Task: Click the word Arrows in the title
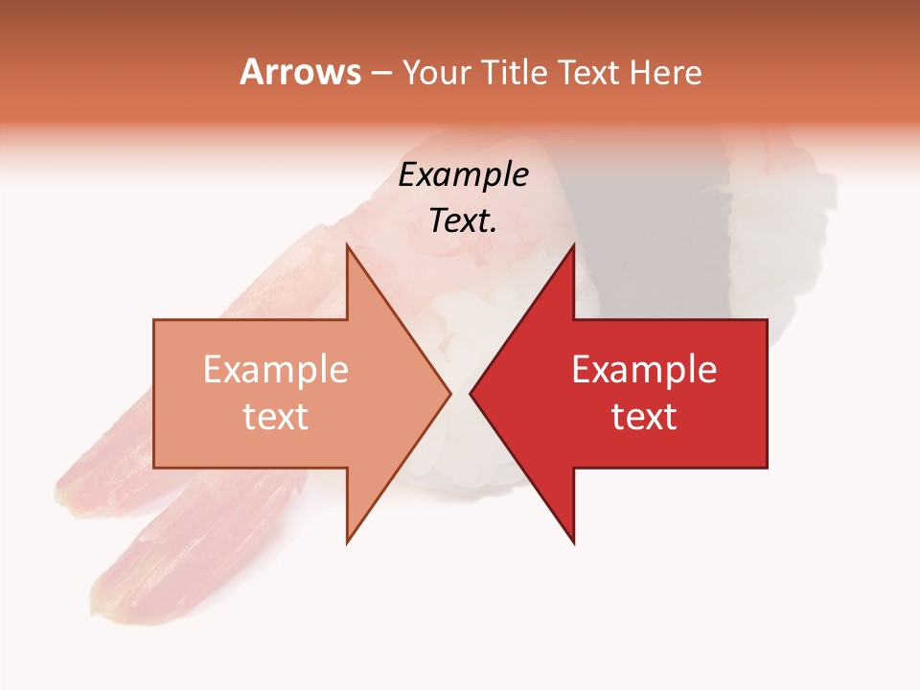[301, 72]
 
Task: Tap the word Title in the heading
[516, 73]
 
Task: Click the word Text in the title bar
[588, 73]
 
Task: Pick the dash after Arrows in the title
[380, 74]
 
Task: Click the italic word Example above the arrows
[463, 175]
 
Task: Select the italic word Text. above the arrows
[463, 221]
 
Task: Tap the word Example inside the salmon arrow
[276, 370]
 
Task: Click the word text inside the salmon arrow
[276, 417]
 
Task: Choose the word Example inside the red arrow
[644, 370]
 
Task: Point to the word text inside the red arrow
[644, 417]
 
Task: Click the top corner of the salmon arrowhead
[347, 246]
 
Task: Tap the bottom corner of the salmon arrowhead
[347, 541]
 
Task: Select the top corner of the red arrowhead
[573, 246]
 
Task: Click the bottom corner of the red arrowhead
[573, 541]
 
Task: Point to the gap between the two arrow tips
[460, 393]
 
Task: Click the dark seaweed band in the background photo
[652, 240]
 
